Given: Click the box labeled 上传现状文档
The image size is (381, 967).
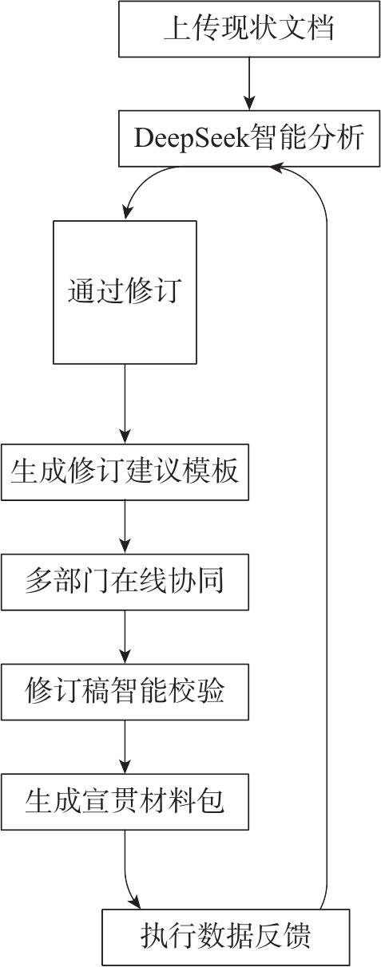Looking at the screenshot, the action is coord(249,29).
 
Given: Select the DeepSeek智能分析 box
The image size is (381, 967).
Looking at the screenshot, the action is coord(249,139).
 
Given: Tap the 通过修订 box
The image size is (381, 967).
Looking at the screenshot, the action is coord(125,292).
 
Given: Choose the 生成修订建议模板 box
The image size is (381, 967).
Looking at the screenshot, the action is coord(125,472).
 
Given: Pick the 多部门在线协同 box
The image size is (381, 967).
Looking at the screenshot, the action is coord(125,582).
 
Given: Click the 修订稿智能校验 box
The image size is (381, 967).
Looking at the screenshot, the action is coord(125,692).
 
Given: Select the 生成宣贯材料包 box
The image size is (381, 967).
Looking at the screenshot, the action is coord(125,802).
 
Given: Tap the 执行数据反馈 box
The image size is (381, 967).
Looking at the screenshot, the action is coord(225,937).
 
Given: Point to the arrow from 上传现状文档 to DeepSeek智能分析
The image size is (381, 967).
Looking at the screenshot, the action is coord(249,83).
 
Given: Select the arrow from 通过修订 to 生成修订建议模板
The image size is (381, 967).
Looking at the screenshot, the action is coord(125,404).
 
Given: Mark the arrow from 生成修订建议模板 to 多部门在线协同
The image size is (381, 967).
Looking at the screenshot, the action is coord(125,527).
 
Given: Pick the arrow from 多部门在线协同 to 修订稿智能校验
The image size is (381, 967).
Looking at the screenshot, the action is coord(125,637).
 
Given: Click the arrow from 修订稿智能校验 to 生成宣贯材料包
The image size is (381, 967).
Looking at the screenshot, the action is coord(125,747).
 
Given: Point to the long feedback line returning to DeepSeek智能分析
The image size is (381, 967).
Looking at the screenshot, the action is coord(326,518).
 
